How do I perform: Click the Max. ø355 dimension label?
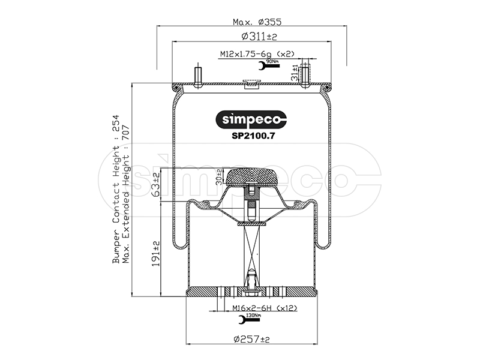[x=257, y=22]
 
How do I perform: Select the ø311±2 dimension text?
[x=259, y=37]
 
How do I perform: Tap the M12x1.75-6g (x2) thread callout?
[x=257, y=54]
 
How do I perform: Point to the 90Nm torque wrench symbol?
[x=269, y=65]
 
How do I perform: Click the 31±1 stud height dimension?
[x=295, y=73]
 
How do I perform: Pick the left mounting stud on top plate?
[x=198, y=77]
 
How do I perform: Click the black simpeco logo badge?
[x=251, y=119]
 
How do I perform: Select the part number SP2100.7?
[x=253, y=136]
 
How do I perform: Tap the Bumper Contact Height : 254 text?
[x=116, y=189]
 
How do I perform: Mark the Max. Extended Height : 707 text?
[x=126, y=194]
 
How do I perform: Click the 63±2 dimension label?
[x=156, y=185]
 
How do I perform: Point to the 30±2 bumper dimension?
[x=218, y=177]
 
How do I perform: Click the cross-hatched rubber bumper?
[x=251, y=177]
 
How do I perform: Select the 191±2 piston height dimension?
[x=156, y=253]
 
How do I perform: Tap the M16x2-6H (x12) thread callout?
[x=265, y=308]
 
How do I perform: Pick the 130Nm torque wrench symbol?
[x=250, y=319]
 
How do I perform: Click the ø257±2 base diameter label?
[x=251, y=339]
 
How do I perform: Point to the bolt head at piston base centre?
[x=251, y=293]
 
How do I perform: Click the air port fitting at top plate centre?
[x=251, y=83]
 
